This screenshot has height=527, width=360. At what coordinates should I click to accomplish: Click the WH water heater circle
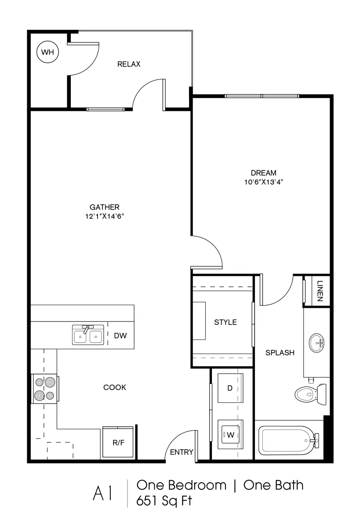point(47,52)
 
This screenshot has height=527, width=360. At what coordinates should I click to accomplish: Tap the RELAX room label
point(129,65)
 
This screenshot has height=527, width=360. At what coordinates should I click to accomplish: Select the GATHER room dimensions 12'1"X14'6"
point(105,216)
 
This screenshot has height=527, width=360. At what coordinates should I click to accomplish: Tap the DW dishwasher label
point(120,336)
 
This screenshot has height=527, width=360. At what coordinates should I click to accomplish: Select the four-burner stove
point(44,389)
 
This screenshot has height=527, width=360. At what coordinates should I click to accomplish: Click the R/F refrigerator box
point(118,443)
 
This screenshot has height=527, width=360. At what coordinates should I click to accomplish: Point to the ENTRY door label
point(182,452)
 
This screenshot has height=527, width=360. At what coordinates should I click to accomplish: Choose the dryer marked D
point(230,388)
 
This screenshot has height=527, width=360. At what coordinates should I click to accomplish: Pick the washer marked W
point(230,435)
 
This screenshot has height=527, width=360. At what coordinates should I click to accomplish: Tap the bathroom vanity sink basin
point(316,342)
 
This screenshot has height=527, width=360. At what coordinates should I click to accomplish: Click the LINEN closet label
point(320,291)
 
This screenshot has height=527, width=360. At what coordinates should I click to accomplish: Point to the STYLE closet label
point(225,322)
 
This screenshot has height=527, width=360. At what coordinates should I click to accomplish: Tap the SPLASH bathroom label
point(280,353)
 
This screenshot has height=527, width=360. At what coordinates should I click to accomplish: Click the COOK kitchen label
point(115,387)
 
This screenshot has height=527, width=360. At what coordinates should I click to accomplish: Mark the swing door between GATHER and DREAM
point(207,253)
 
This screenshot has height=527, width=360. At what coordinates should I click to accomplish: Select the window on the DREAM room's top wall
point(262,96)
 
